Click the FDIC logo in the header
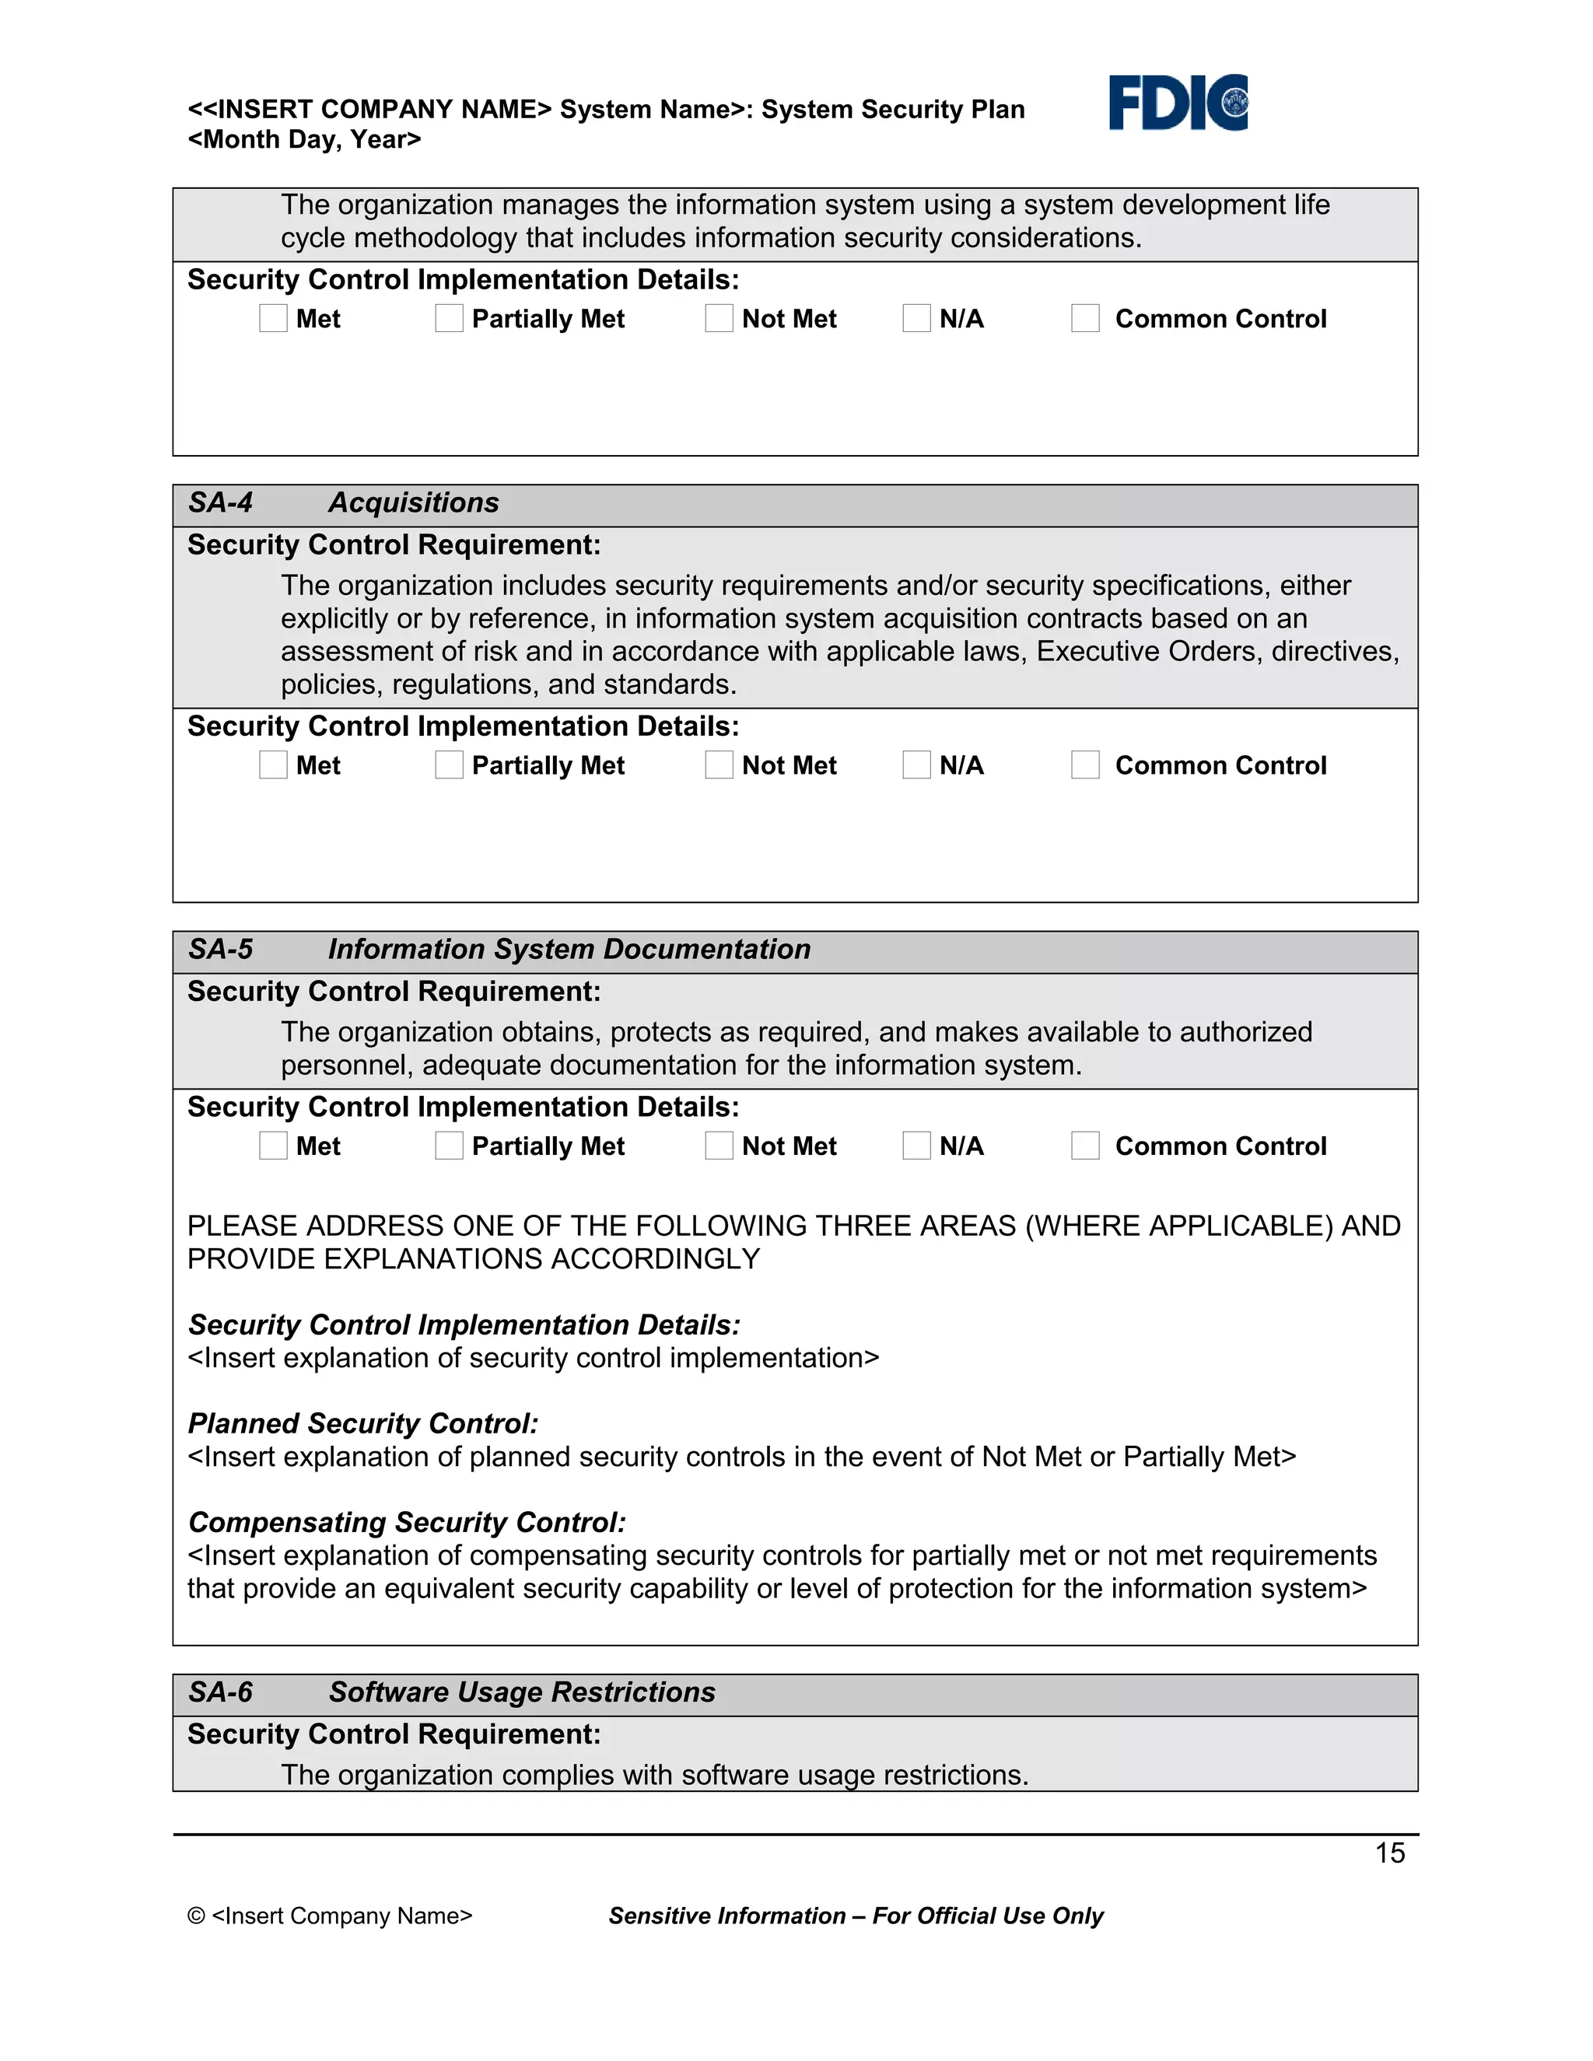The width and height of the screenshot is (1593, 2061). click(1177, 102)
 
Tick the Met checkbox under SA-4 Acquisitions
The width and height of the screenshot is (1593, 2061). click(273, 765)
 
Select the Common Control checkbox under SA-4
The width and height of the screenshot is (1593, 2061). click(1085, 765)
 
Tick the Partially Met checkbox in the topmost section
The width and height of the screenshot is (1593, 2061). click(450, 318)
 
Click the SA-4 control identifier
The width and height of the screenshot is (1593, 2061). click(220, 502)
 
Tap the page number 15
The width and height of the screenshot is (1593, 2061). click(1389, 1853)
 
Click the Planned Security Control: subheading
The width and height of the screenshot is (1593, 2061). click(362, 1423)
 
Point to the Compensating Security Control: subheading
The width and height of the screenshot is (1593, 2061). click(407, 1522)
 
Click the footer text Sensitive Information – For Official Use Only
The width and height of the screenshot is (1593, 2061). click(855, 1916)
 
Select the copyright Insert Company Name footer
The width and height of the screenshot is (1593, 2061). click(329, 1916)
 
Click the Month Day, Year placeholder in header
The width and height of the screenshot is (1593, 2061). click(304, 140)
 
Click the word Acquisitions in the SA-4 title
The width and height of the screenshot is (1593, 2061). click(413, 502)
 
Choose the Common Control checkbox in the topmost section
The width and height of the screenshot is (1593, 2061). click(1085, 318)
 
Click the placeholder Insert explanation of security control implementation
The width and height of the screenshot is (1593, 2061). click(533, 1358)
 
